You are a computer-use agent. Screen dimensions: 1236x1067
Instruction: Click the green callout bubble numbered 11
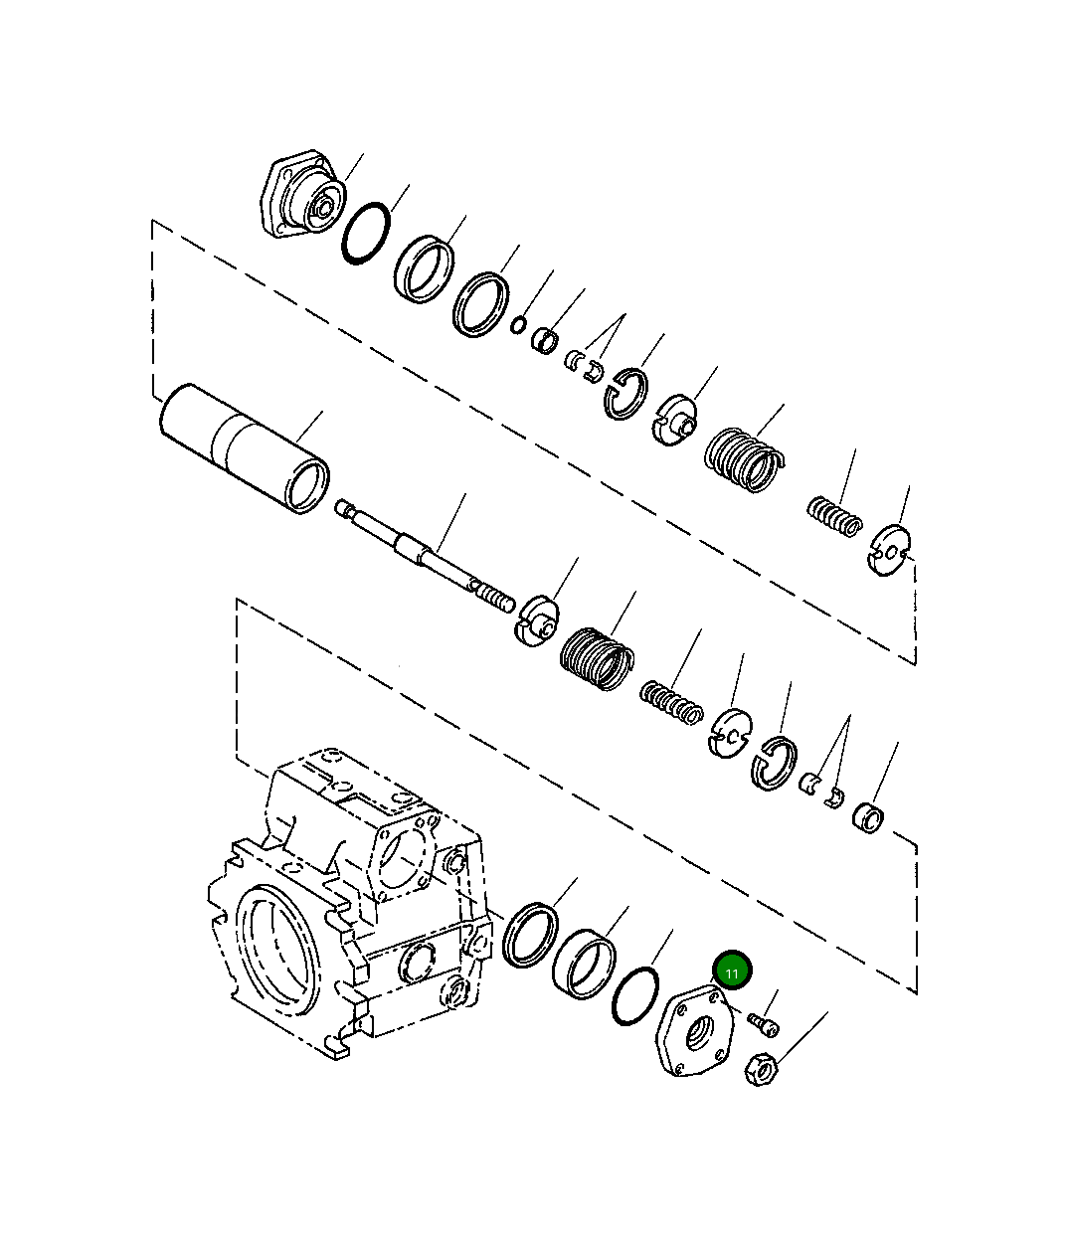[x=733, y=971]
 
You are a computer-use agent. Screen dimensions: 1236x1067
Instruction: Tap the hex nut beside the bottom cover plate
[x=761, y=1071]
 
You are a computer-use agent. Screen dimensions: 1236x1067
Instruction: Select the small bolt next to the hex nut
[x=766, y=1023]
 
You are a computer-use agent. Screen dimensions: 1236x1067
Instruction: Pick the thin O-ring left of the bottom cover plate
[x=635, y=994]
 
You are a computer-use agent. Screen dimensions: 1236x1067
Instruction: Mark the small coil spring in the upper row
[x=833, y=517]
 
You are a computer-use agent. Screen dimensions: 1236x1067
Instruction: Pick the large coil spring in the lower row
[x=596, y=659]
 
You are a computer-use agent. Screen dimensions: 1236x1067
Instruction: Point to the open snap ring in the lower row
[x=774, y=763]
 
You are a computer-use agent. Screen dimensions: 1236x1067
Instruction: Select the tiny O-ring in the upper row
[x=517, y=324]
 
